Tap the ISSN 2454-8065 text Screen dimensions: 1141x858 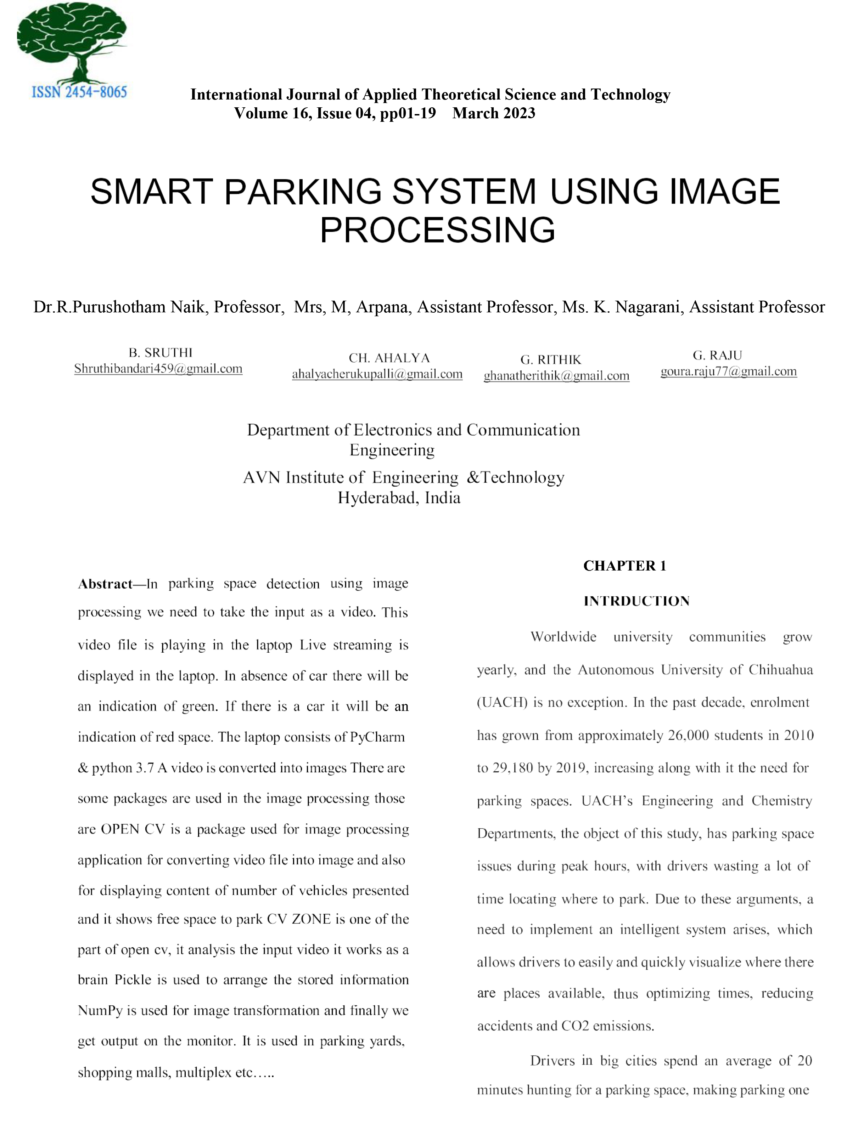click(79, 92)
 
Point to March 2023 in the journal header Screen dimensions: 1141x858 click(494, 113)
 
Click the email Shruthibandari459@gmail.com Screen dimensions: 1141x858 click(158, 369)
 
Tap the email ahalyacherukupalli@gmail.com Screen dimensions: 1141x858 click(377, 374)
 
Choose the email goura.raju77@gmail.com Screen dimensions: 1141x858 click(728, 371)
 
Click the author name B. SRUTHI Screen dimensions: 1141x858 click(160, 353)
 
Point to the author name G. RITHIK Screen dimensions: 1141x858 click(550, 359)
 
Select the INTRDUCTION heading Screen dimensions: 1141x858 click(636, 601)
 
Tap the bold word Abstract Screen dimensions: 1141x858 click(105, 584)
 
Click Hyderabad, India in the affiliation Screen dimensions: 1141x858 click(399, 498)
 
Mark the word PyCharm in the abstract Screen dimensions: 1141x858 click(377, 737)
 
